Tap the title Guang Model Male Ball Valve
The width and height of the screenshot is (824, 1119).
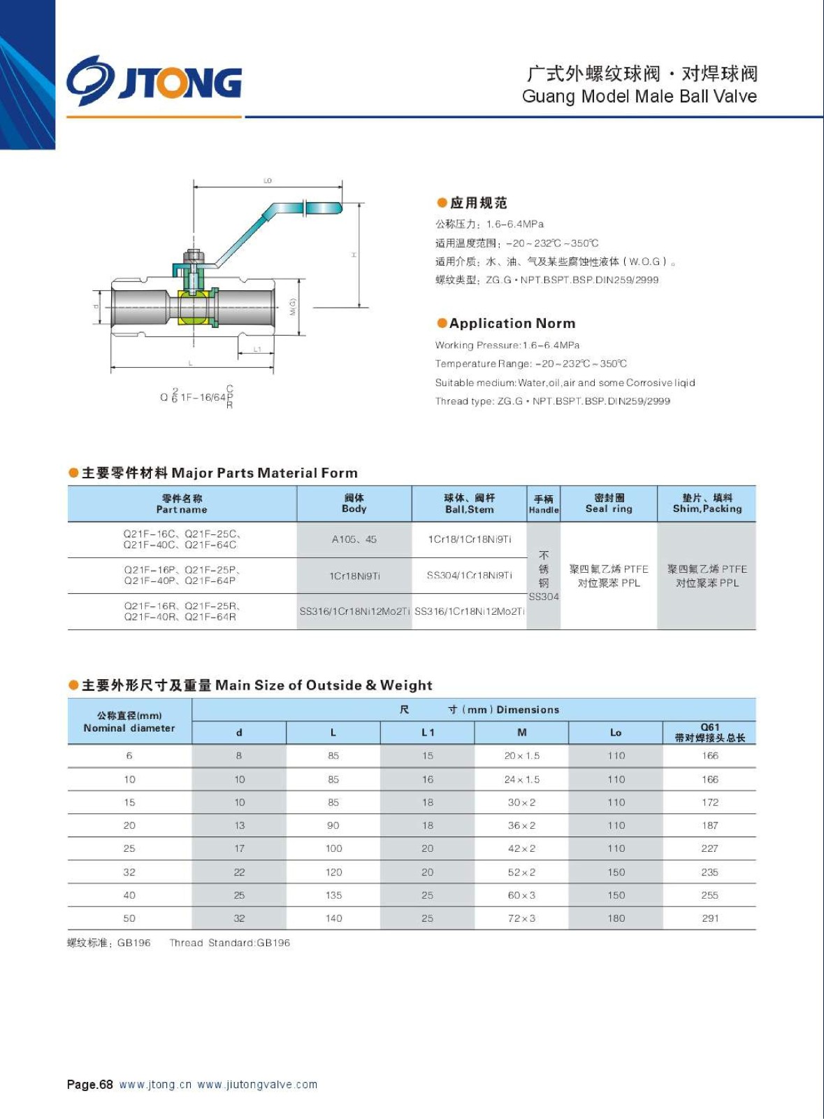pyautogui.click(x=639, y=97)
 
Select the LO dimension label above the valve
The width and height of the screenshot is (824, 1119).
pyautogui.click(x=268, y=180)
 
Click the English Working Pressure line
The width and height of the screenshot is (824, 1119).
pyautogui.click(x=507, y=345)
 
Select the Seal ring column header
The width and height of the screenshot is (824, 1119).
pyautogui.click(x=609, y=504)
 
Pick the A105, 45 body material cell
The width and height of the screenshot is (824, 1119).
pyautogui.click(x=354, y=539)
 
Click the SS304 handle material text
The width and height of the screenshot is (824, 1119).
pyautogui.click(x=544, y=597)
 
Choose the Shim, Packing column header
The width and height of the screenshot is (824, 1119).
pyautogui.click(x=707, y=504)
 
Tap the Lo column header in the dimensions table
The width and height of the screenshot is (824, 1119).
pyautogui.click(x=616, y=732)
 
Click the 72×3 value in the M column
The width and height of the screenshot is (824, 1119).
pyautogui.click(x=521, y=918)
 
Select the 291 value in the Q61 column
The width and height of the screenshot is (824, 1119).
pyautogui.click(x=710, y=918)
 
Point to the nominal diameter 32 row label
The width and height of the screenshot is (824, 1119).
pyautogui.click(x=129, y=872)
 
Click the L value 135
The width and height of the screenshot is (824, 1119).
pyautogui.click(x=333, y=895)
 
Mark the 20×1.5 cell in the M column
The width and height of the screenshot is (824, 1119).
pyautogui.click(x=521, y=756)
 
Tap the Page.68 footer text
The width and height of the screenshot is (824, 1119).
pyautogui.click(x=89, y=1085)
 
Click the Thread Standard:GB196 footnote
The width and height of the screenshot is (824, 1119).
pyautogui.click(x=229, y=943)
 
